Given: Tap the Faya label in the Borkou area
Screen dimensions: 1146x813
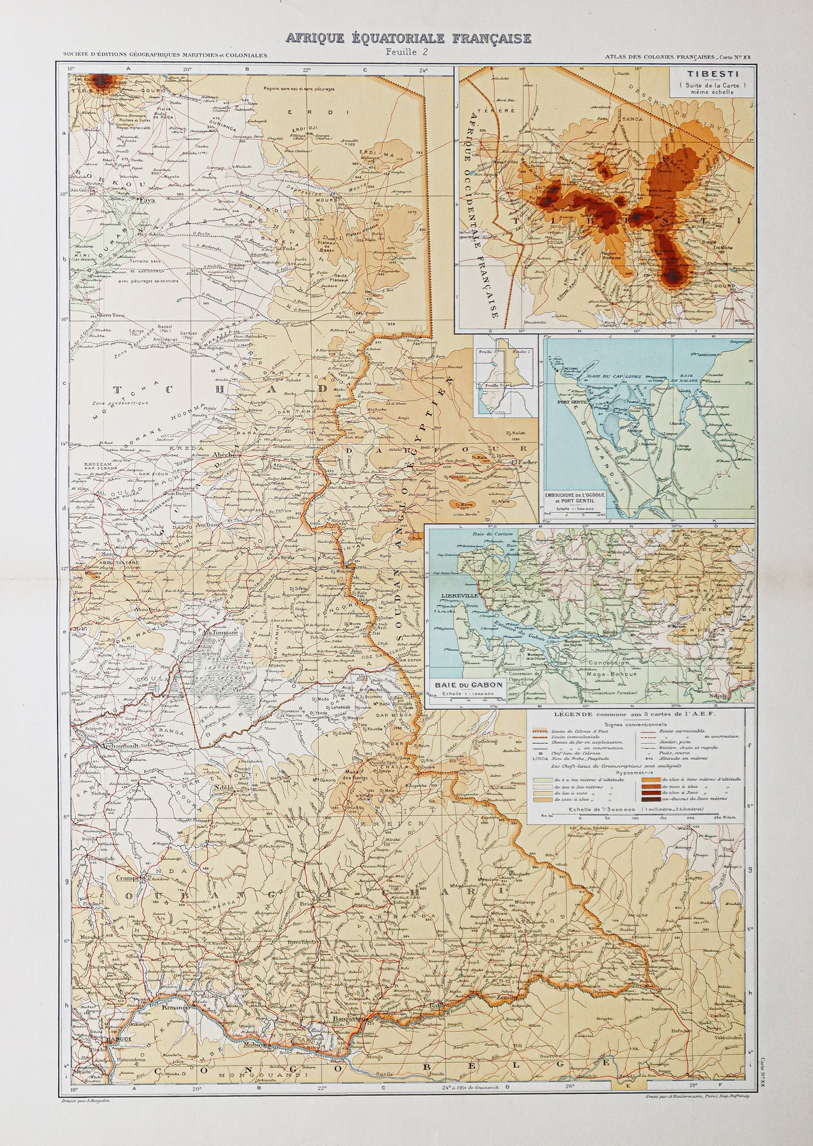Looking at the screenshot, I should (x=146, y=199).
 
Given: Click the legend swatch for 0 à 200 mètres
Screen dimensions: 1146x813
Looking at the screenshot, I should (x=541, y=778).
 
